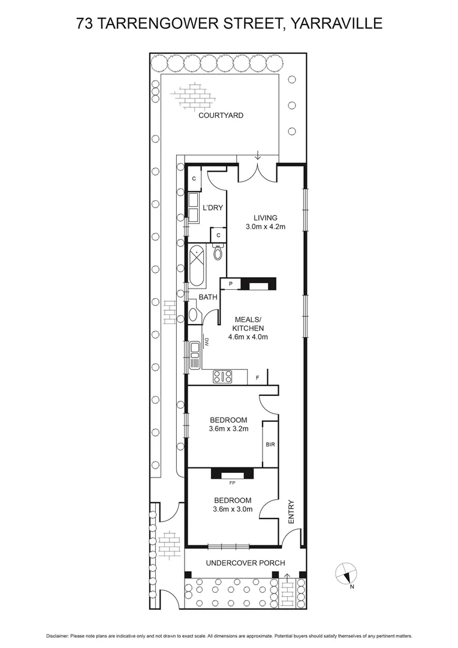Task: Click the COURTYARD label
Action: tap(221, 115)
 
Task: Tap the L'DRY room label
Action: tap(213, 208)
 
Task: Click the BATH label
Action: tap(208, 297)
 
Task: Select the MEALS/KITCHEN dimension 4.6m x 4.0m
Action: tap(248, 337)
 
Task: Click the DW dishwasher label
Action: tap(206, 344)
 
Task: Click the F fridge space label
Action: tap(257, 378)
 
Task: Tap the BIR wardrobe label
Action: tap(270, 445)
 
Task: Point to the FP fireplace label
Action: tap(232, 482)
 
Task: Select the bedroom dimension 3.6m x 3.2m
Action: tap(228, 429)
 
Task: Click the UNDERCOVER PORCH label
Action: tap(245, 563)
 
